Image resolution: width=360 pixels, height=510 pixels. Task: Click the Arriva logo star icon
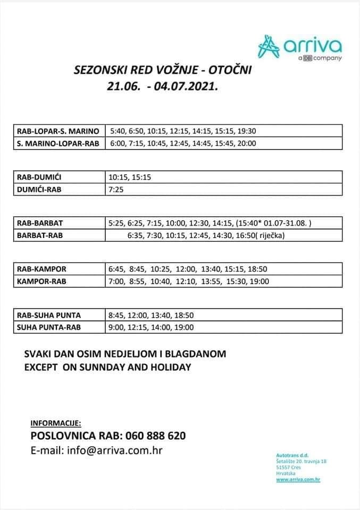click(270, 47)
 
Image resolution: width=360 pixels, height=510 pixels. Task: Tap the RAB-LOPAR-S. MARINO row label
click(58, 131)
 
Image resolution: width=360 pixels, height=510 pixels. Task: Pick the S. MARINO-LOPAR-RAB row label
click(58, 143)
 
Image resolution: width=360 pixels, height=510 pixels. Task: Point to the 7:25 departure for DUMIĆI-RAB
click(116, 189)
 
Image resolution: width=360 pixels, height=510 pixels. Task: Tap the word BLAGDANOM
click(195, 354)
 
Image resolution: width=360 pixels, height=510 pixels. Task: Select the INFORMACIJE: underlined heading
click(56, 423)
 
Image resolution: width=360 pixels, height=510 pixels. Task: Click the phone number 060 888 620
click(156, 436)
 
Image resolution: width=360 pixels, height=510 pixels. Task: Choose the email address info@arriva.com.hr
click(114, 450)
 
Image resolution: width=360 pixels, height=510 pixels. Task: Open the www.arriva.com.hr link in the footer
click(298, 479)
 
